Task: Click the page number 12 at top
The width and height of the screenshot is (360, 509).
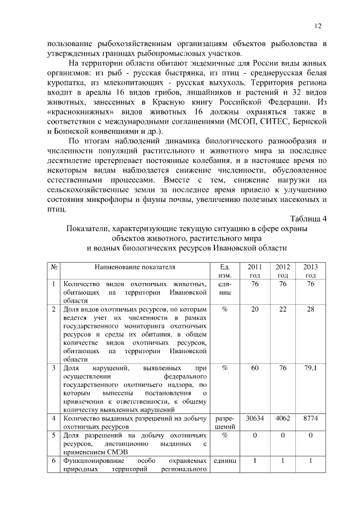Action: click(318, 26)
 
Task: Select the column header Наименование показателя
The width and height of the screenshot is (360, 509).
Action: click(135, 267)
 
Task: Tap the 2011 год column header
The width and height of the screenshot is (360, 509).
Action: click(255, 271)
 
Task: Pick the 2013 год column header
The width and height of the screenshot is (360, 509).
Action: click(310, 271)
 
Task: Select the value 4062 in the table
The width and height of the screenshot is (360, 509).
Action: click(283, 418)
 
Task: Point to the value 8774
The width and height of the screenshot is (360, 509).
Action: click(310, 418)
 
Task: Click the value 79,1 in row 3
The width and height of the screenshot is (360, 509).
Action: click(310, 368)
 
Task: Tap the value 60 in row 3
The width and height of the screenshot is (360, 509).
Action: click(255, 368)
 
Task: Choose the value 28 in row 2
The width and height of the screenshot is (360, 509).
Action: click(310, 310)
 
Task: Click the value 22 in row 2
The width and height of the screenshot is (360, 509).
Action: click(283, 310)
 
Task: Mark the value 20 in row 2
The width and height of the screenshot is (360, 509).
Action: click(255, 310)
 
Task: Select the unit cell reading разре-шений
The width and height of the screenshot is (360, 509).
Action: click(224, 423)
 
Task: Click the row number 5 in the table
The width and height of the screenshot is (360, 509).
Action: click(53, 435)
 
